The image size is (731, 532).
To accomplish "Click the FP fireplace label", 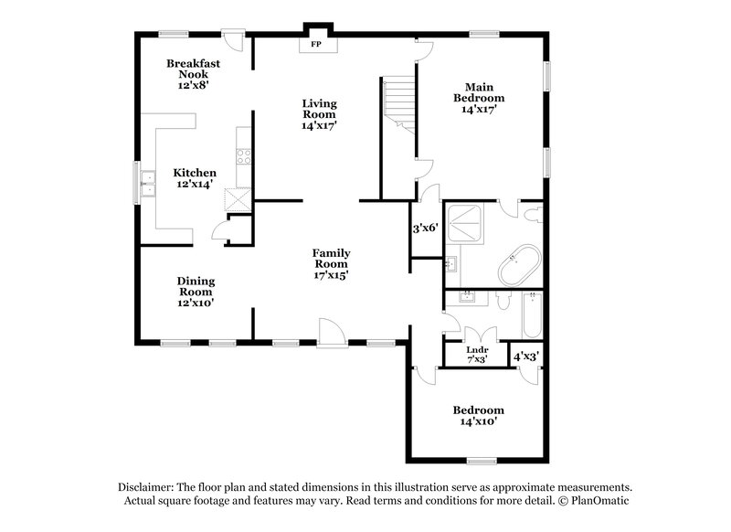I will click(317, 44).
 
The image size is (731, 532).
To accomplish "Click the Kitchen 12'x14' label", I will click(195, 178).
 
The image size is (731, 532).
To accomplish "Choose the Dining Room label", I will click(196, 292).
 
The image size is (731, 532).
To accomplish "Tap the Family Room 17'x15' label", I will click(331, 262).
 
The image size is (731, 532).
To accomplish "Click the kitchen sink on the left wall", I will click(147, 190).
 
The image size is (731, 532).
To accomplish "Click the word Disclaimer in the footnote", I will click(149, 486).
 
